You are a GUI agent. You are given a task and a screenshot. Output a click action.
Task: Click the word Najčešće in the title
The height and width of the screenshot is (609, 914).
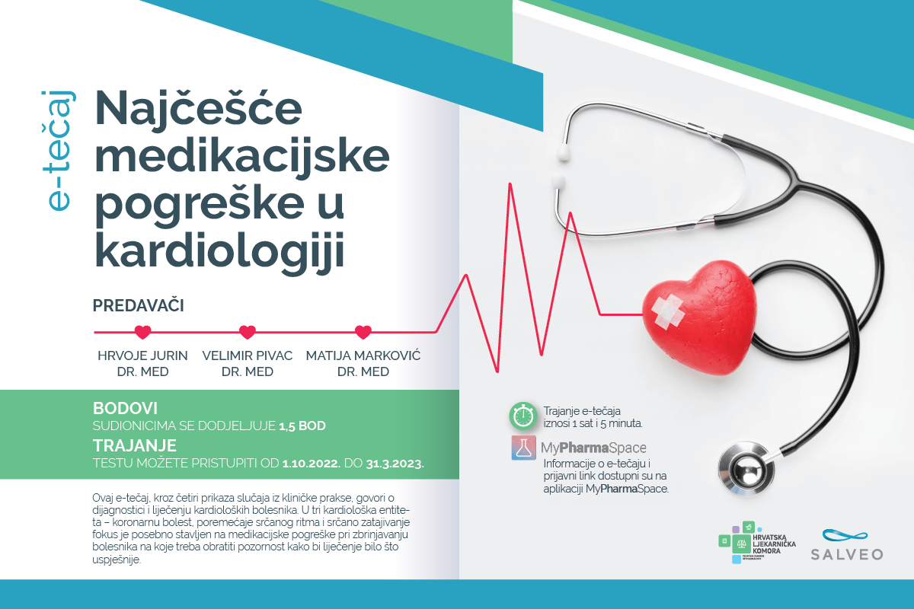tap(198, 110)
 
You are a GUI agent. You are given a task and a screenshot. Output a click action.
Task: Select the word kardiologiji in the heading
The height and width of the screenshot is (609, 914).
tap(220, 250)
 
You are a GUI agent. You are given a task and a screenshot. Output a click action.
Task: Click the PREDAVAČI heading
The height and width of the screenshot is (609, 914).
tap(139, 305)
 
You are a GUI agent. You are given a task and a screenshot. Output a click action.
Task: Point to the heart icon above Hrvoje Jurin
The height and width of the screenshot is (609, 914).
tap(143, 332)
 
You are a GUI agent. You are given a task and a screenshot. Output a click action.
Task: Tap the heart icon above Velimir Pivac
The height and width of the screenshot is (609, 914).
tap(248, 332)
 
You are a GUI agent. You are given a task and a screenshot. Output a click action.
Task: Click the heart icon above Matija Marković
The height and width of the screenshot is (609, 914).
tap(363, 332)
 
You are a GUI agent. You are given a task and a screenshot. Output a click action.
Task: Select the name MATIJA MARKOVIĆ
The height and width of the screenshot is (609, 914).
tap(363, 356)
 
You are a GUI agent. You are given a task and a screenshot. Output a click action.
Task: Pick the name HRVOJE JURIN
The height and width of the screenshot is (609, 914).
tap(142, 356)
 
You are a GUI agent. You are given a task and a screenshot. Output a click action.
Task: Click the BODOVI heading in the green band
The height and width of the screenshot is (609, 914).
tap(125, 408)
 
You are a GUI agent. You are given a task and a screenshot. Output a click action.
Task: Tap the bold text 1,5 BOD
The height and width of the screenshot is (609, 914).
tap(302, 426)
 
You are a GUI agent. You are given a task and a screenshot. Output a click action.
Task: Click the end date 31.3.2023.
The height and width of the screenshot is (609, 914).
tap(395, 464)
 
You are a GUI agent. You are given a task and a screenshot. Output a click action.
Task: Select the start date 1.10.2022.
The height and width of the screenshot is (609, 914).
tap(312, 464)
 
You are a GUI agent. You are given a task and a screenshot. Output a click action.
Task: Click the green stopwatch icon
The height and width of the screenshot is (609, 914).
tap(523, 416)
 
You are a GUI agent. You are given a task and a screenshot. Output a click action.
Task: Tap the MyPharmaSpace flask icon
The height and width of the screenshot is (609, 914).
tap(523, 448)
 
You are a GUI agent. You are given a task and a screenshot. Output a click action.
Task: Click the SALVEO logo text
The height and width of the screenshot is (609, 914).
tap(847, 554)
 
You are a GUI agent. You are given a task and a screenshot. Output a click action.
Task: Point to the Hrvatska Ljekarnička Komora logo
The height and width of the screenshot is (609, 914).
tap(757, 543)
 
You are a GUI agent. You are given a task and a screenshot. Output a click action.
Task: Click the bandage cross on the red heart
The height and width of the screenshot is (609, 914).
tap(667, 311)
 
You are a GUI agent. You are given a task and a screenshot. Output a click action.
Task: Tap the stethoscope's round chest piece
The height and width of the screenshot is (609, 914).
tap(746, 470)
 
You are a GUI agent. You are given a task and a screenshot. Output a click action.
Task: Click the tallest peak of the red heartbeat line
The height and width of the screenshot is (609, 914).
tap(510, 184)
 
